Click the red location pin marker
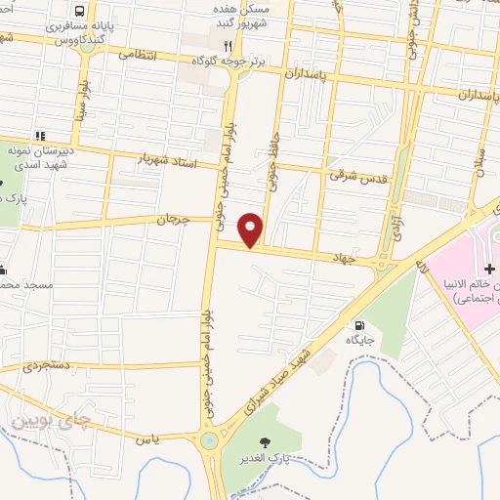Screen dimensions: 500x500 251,229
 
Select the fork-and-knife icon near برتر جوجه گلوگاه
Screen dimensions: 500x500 227,45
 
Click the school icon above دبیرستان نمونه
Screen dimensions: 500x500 39,135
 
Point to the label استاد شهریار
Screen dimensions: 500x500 168,160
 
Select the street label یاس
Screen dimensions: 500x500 147,440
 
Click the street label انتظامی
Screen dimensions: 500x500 138,55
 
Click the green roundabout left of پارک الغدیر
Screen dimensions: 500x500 208,441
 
